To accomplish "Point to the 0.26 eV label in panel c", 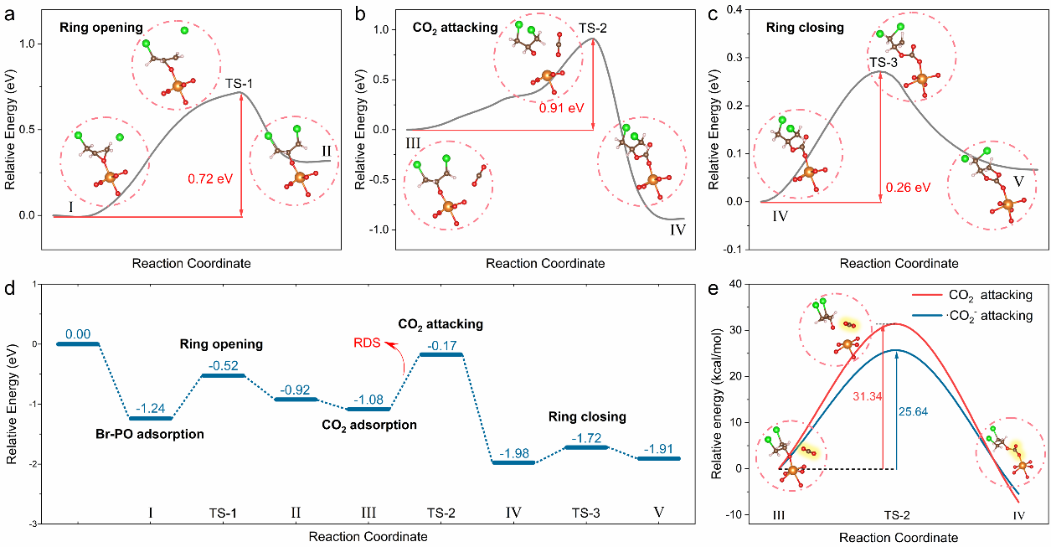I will (x=908, y=188).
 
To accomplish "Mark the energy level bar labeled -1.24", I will (x=150, y=418).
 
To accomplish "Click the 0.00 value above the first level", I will (x=77, y=334).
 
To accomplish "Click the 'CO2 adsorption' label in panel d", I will (x=369, y=425).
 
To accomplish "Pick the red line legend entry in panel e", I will (x=942, y=296).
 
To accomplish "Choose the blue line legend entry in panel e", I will (x=942, y=316).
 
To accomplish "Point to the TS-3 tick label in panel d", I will (x=590, y=513).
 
